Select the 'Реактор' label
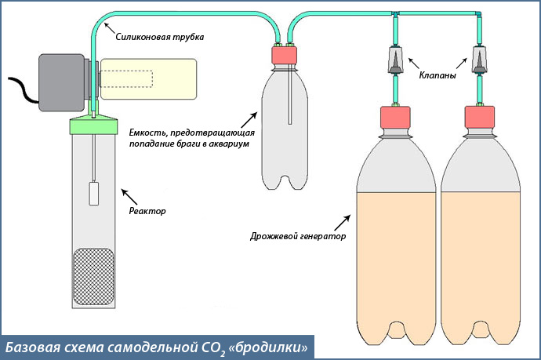pos(149,211)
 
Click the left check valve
pos(397,60)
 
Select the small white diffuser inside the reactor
pos(93,193)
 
